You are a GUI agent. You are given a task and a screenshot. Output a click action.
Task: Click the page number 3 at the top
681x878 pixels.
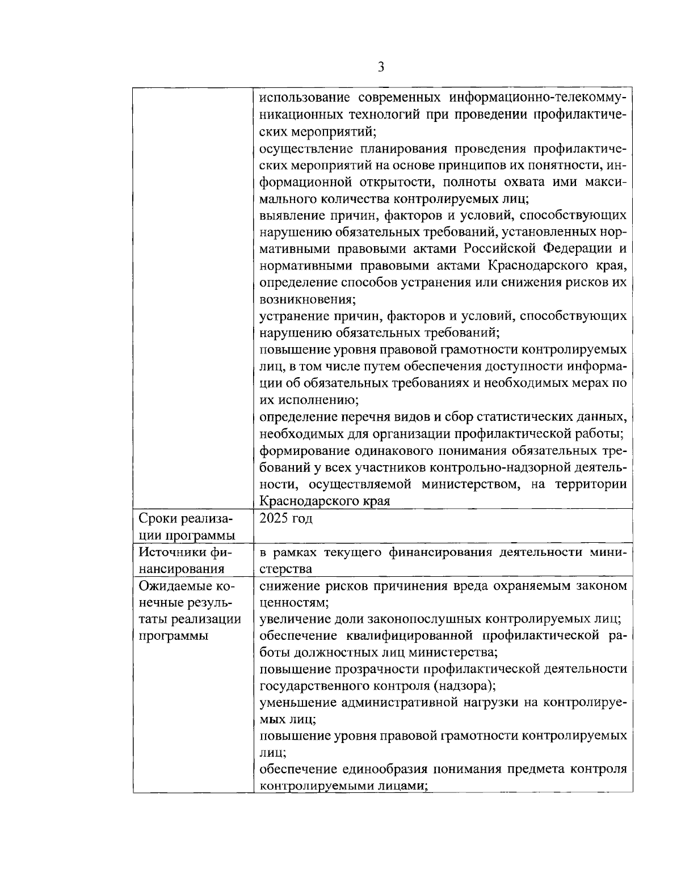[381, 67]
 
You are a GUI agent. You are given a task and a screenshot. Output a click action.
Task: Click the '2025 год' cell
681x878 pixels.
[286, 518]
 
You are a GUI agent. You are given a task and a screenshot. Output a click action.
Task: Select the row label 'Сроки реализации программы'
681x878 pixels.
[187, 527]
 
